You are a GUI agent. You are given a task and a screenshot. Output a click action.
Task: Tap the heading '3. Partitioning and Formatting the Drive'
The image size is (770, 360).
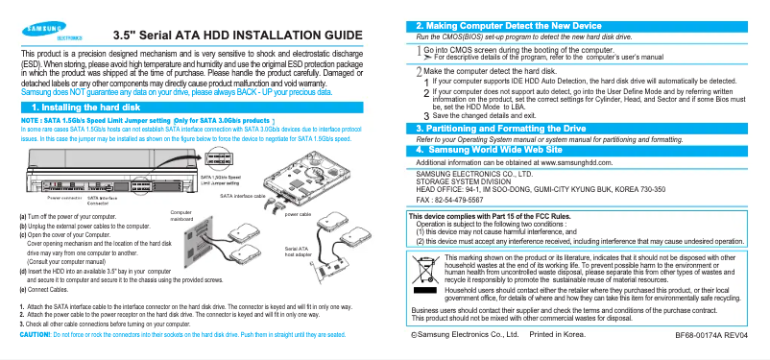[514, 128]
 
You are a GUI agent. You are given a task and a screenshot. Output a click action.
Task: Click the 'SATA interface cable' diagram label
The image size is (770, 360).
[242, 195]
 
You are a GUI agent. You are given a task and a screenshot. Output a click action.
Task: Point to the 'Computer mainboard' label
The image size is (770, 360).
[181, 215]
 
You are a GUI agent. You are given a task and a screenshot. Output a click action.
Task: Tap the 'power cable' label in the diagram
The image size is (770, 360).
[300, 214]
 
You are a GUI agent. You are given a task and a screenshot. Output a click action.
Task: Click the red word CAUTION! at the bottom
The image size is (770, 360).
[35, 334]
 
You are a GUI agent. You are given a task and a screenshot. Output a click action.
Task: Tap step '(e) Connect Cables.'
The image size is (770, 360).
[46, 288]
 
